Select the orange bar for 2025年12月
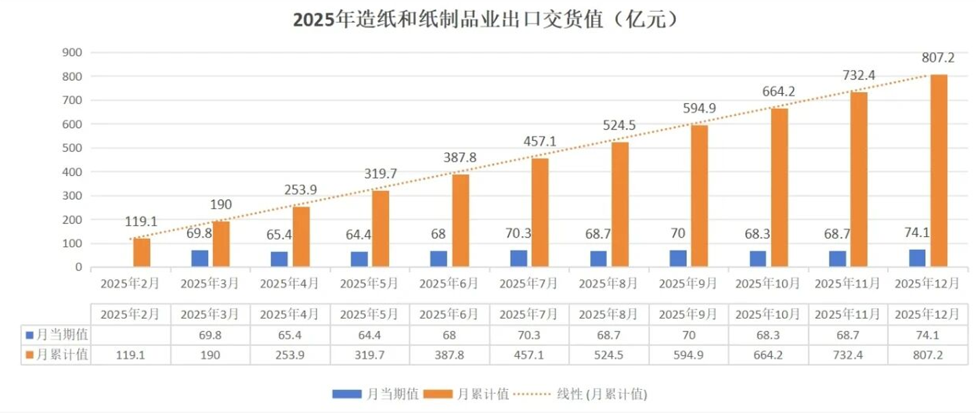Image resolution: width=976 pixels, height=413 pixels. tap(938, 171)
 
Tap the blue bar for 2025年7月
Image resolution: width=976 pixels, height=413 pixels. tap(518, 259)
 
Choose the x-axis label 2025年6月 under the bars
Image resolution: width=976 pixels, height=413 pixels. tap(449, 283)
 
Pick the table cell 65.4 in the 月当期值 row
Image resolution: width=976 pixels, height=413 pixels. tap(290, 336)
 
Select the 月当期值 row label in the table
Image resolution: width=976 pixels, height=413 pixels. tap(58, 336)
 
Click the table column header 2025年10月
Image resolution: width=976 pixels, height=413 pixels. tap(767, 315)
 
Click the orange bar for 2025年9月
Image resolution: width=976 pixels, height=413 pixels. tap(699, 196)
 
